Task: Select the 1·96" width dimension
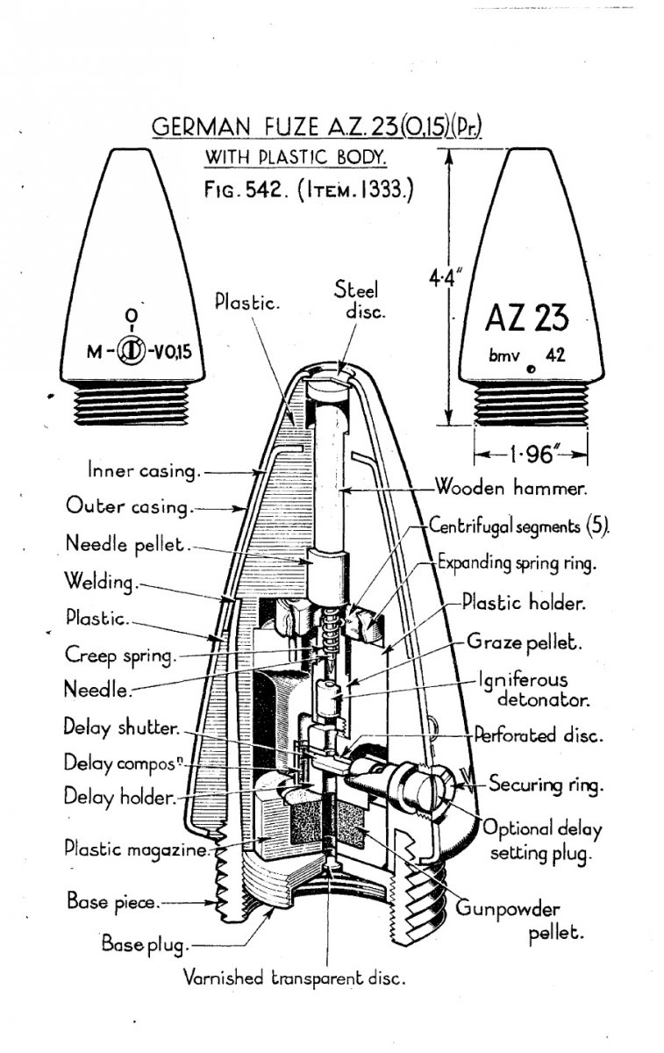(x=531, y=455)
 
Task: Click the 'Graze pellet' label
(x=537, y=642)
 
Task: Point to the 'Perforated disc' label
(x=538, y=735)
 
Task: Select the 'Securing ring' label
(x=546, y=784)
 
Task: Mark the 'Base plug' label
(x=145, y=945)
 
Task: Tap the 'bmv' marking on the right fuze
(x=504, y=357)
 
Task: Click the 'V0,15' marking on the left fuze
(x=168, y=355)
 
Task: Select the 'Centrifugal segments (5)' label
(x=519, y=527)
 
